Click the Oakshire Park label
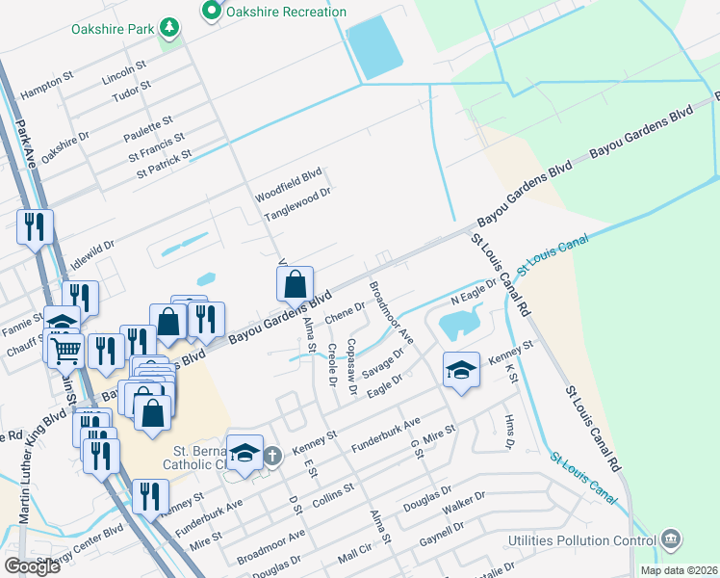click(113, 29)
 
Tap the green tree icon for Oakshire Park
click(170, 28)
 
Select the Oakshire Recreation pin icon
click(212, 12)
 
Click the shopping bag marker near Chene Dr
click(295, 285)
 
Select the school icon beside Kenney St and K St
click(461, 369)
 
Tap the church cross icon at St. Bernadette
click(272, 455)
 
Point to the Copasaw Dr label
click(352, 367)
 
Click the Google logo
click(32, 566)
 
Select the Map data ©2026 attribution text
click(678, 570)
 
